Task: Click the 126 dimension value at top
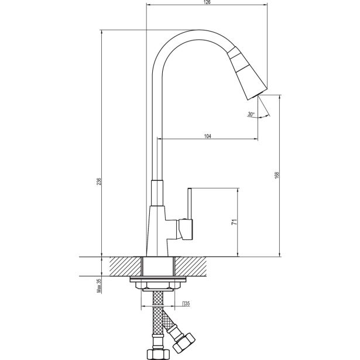pos(207,2)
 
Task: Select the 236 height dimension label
pos(99,181)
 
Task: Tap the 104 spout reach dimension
pos(207,136)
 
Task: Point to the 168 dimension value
pos(277,175)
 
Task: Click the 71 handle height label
pos(234,222)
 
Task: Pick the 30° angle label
pos(251,114)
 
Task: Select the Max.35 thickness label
pos(99,286)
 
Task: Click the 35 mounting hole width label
pos(186,304)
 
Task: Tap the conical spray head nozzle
pos(248,73)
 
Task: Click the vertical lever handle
pos(190,204)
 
